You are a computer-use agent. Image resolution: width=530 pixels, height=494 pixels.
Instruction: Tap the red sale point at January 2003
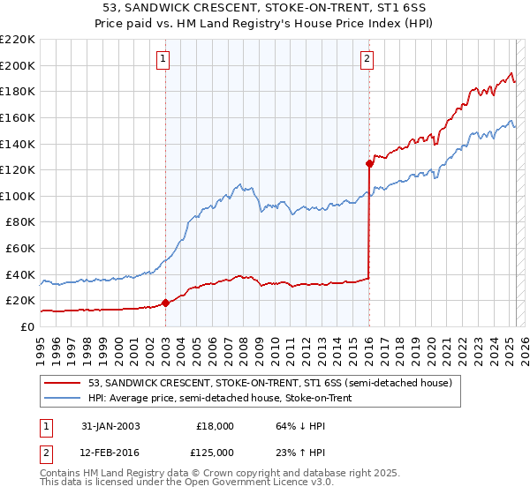165,303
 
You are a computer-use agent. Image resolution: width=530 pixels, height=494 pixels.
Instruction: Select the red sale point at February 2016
368,163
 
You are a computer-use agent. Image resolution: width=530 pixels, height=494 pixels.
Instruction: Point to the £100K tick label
18,196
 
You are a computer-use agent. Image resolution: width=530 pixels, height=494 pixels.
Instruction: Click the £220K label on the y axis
18,39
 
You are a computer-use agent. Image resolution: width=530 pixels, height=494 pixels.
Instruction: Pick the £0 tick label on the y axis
28,326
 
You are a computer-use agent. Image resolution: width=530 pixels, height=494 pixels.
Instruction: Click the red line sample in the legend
63,383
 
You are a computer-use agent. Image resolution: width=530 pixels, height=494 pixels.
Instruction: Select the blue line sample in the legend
63,397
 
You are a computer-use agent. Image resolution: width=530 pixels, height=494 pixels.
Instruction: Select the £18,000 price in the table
216,426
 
